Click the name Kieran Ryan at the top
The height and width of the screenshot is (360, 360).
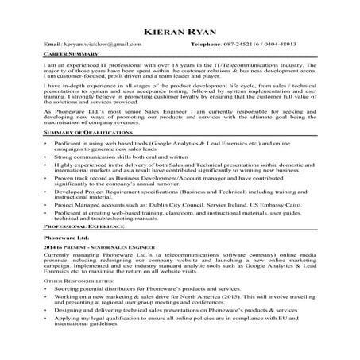(180, 31)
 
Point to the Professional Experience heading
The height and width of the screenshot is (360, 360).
(77, 227)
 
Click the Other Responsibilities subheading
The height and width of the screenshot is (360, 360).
(74, 282)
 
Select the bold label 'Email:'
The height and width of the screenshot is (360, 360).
(52, 45)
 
